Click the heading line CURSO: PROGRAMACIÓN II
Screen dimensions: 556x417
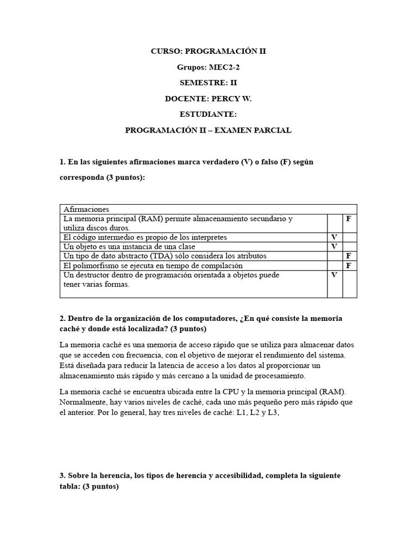click(x=208, y=52)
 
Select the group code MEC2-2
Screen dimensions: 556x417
click(x=224, y=67)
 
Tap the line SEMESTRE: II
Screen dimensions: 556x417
click(x=208, y=83)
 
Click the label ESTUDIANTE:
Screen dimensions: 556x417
click(x=208, y=115)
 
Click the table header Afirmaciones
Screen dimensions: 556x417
click(x=86, y=209)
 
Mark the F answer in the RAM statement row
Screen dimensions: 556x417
click(x=349, y=219)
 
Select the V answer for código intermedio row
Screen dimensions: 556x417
click(x=334, y=237)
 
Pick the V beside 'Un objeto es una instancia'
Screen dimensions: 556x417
click(x=334, y=247)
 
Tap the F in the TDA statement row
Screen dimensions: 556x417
click(x=349, y=256)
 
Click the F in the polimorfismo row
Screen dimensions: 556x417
click(x=349, y=266)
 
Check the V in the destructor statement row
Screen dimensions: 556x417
click(x=334, y=275)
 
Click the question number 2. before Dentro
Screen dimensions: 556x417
click(x=62, y=318)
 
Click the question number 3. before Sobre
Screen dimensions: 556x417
click(x=62, y=476)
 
